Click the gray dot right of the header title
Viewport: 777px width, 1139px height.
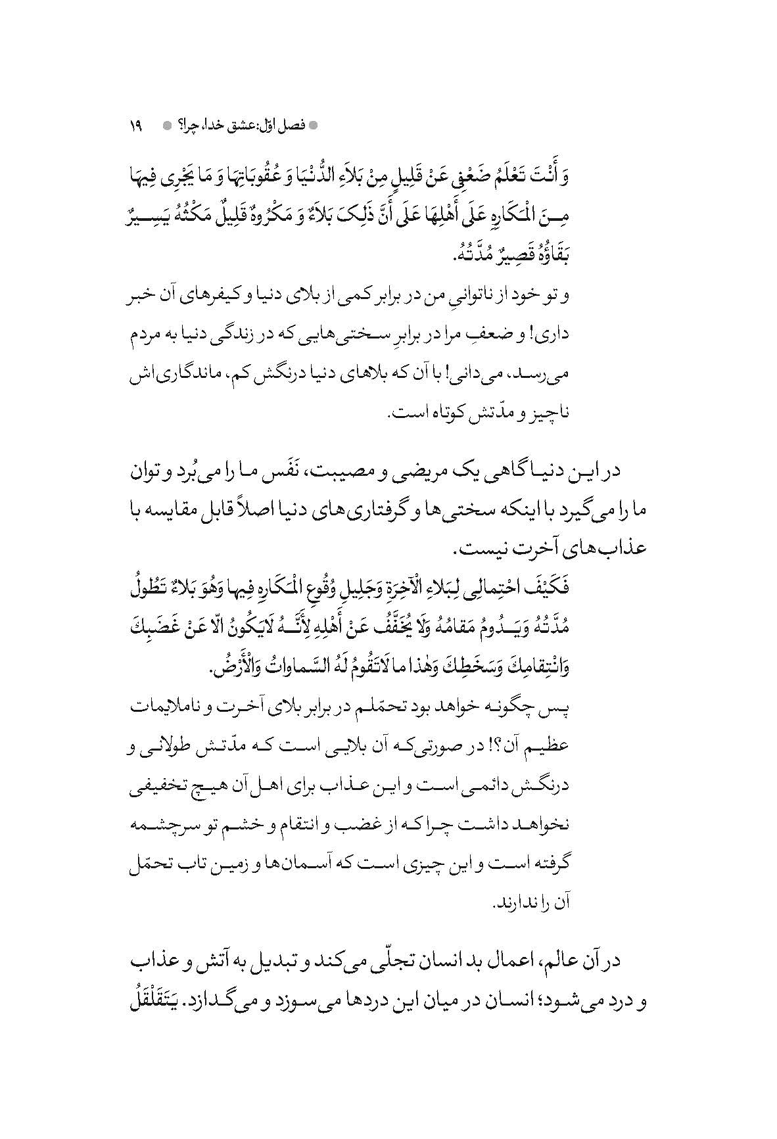tap(313, 124)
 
